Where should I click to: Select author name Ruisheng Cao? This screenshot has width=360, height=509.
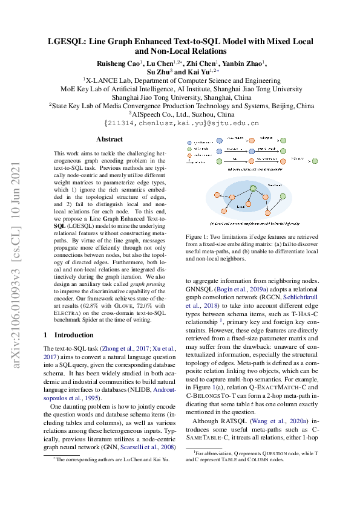[117, 63]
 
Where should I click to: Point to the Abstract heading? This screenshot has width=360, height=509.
[109, 139]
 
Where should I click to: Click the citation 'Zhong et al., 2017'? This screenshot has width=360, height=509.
[125, 349]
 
